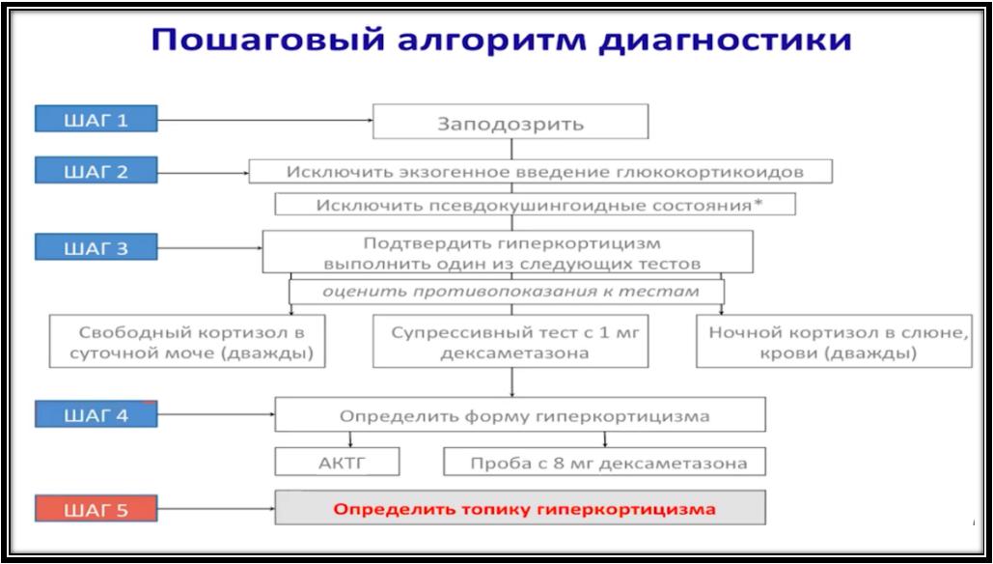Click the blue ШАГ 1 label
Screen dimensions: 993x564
point(96,119)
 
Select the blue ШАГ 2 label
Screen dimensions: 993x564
point(96,171)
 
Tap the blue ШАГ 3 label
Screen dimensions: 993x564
point(96,247)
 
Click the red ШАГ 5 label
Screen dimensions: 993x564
point(96,508)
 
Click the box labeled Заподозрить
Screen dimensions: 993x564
point(510,122)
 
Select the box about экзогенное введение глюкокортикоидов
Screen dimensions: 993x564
point(540,172)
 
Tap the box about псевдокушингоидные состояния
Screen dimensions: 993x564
point(535,205)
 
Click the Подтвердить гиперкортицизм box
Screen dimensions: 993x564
point(508,252)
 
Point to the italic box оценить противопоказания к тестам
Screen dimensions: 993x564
point(507,292)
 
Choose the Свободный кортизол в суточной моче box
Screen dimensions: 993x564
point(187,341)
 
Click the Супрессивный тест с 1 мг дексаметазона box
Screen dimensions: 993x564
point(510,341)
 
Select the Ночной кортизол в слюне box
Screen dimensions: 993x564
point(834,341)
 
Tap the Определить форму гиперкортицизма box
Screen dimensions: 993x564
point(520,414)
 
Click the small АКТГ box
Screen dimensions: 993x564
point(337,462)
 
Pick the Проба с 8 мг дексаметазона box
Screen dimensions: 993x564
point(604,462)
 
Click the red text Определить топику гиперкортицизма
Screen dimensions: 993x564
point(524,508)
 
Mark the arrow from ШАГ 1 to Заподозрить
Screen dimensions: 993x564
point(264,119)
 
